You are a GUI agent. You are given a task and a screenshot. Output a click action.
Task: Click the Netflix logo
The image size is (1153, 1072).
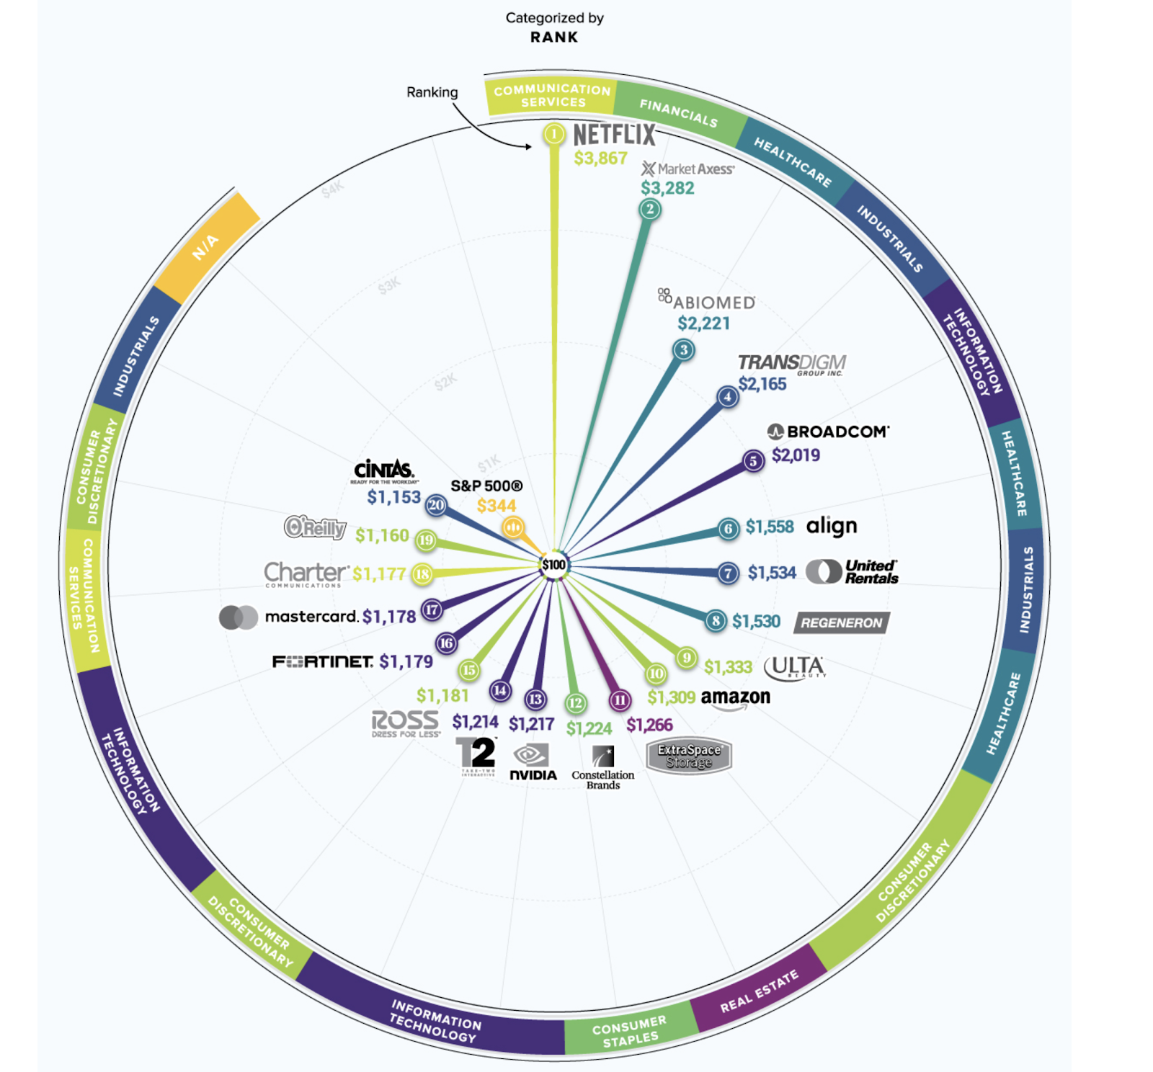pos(614,135)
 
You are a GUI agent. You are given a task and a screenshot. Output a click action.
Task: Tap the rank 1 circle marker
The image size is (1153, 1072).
pos(553,134)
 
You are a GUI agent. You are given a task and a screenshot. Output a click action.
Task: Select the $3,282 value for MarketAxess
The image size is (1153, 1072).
pos(667,188)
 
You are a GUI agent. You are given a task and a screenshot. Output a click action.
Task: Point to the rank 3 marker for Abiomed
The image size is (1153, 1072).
pos(683,350)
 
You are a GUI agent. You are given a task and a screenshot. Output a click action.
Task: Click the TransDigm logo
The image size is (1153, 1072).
pos(791,364)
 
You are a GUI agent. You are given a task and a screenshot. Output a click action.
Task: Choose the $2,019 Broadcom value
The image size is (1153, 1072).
pos(796,455)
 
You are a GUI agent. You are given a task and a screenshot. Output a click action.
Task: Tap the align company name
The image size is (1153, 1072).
pos(832,526)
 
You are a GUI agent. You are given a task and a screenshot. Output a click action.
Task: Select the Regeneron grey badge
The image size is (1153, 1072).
pos(841,622)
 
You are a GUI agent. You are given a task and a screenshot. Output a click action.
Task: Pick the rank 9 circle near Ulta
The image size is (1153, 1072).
pos(686,657)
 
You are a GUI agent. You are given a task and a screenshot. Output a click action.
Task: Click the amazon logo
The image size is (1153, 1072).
pos(735,698)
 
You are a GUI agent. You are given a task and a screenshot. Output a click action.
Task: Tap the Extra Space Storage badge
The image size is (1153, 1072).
pos(689,756)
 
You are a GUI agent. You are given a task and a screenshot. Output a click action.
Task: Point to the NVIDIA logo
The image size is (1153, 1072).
pos(533,763)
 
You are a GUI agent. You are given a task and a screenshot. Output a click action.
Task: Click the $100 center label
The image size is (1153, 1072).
pos(553,564)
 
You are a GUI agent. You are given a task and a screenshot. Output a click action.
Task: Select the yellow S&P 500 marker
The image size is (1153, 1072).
pos(512,527)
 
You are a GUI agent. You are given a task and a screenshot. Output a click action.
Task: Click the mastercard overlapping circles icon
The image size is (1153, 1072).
pos(239,617)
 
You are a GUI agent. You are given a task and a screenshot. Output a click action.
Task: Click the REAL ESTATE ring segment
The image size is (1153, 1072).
pos(758,992)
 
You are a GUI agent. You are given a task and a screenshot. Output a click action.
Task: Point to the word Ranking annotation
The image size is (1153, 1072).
pos(432,92)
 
